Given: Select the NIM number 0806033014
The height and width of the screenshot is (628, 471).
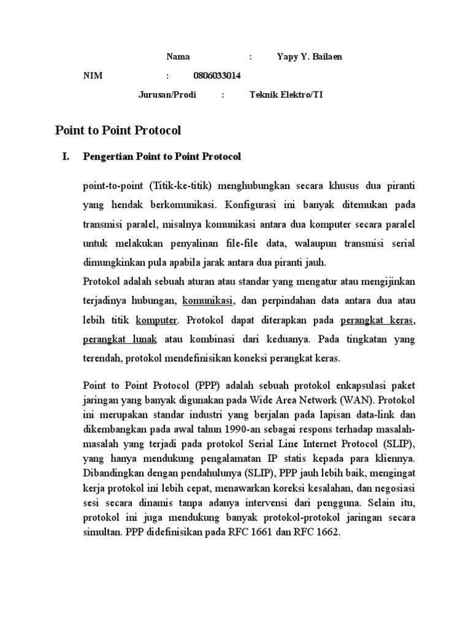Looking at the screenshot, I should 216,76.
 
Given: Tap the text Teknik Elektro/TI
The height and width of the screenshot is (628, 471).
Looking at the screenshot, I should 286,95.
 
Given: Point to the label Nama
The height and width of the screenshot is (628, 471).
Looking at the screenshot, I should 178,57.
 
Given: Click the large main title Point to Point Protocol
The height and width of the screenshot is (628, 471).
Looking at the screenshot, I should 118,130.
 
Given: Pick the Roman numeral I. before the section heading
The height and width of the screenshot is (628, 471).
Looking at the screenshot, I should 66,157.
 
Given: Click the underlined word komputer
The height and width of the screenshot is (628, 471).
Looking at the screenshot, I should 156,320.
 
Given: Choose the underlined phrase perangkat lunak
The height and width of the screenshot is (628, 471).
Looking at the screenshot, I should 120,339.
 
